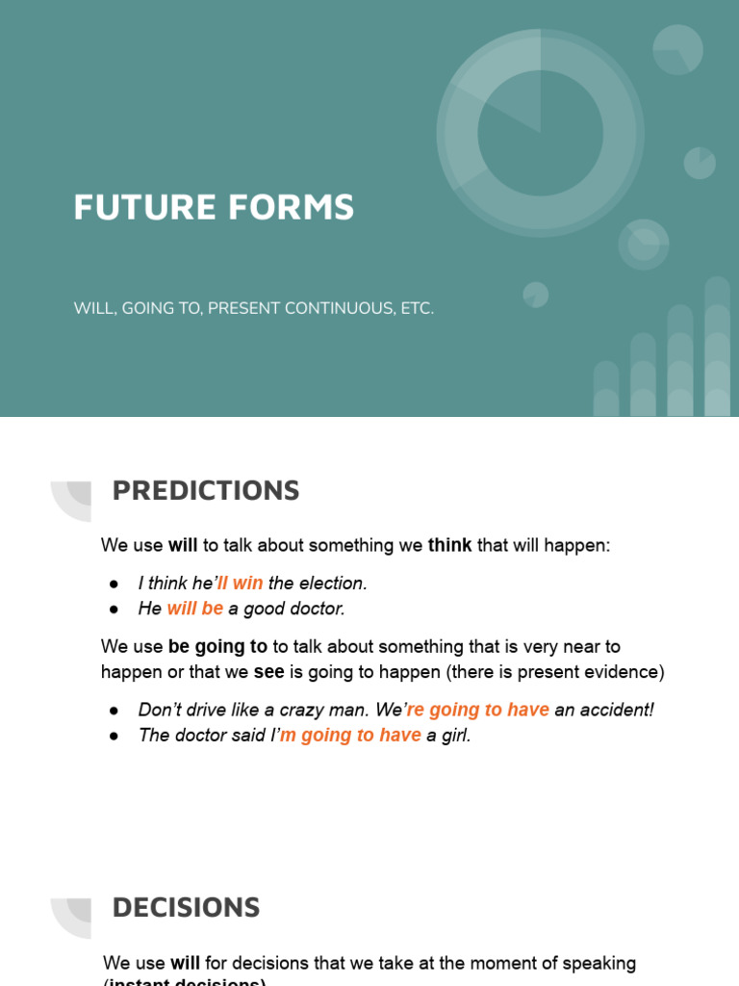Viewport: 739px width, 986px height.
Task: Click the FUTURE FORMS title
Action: [x=214, y=207]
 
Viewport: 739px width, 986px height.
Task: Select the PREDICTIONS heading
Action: [x=206, y=491]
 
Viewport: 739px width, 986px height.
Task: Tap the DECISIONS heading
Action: [x=186, y=907]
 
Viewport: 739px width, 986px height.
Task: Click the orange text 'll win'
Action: [x=241, y=584]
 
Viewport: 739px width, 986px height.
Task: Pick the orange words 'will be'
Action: [x=195, y=609]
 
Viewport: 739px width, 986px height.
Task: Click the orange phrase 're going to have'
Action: [x=478, y=710]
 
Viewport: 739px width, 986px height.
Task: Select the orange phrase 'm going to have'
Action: [x=350, y=736]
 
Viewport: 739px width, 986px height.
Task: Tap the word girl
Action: [x=457, y=736]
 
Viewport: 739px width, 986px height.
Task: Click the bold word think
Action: [x=450, y=546]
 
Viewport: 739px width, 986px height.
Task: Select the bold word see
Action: [x=269, y=672]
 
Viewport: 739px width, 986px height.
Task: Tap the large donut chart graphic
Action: [x=540, y=132]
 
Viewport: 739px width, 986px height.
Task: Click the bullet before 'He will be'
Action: [x=114, y=610]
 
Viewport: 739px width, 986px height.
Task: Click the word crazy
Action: [x=300, y=710]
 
